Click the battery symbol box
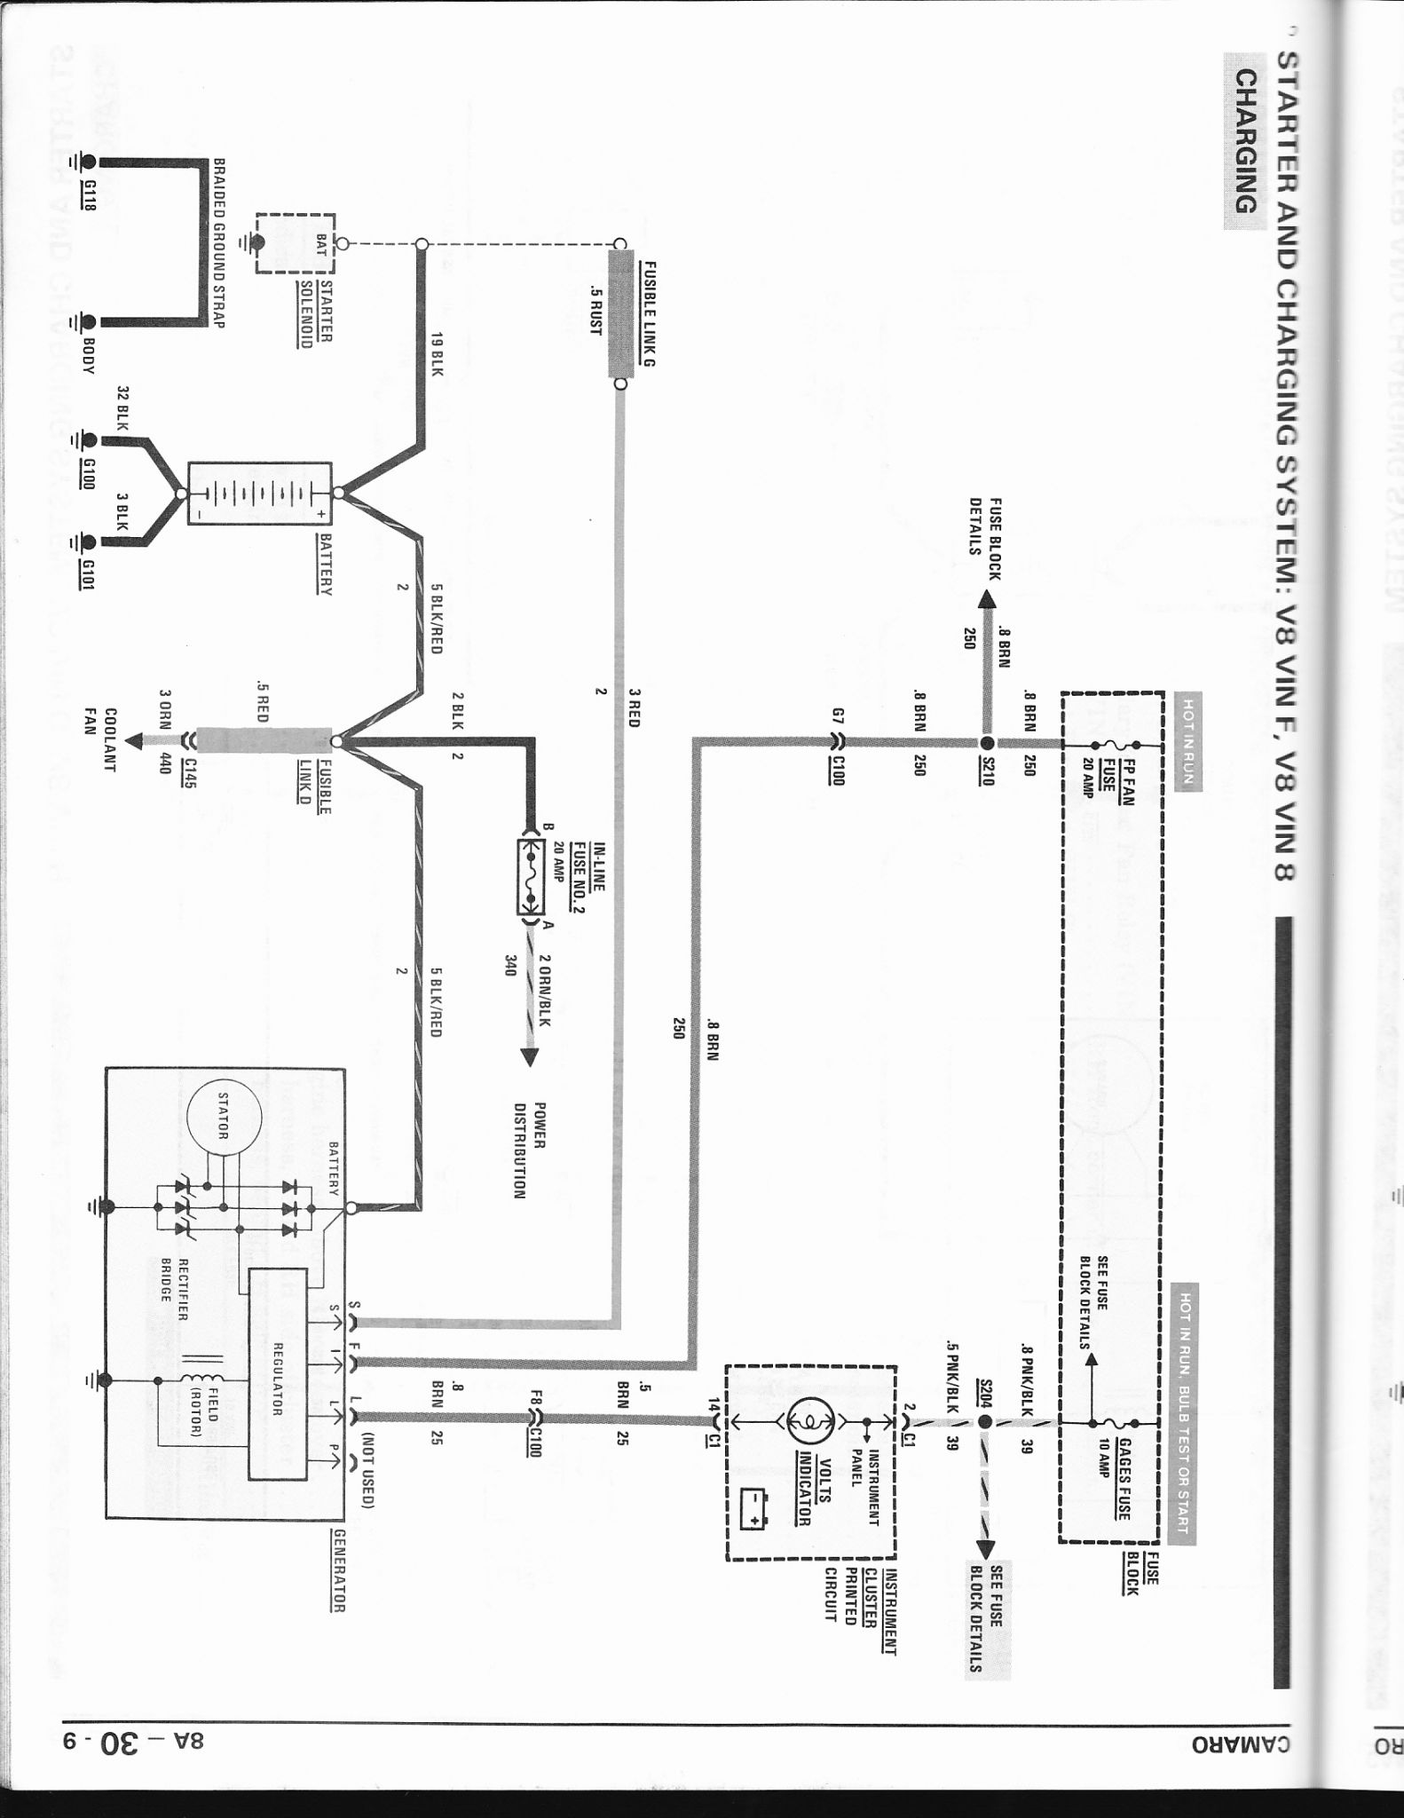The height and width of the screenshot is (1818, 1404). pos(260,494)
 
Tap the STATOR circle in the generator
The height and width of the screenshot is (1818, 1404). pos(225,1118)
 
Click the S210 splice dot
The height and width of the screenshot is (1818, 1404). pos(986,743)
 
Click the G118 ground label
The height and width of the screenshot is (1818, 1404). pos(88,194)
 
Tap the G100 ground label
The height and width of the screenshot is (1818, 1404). pos(88,472)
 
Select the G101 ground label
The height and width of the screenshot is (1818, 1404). pos(88,573)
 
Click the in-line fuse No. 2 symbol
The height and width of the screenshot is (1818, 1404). pos(531,876)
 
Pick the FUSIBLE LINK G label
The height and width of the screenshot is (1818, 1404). pos(649,313)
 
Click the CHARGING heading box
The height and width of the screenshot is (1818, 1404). pos(1246,142)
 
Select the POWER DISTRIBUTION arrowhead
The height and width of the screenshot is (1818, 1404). pos(530,1057)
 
